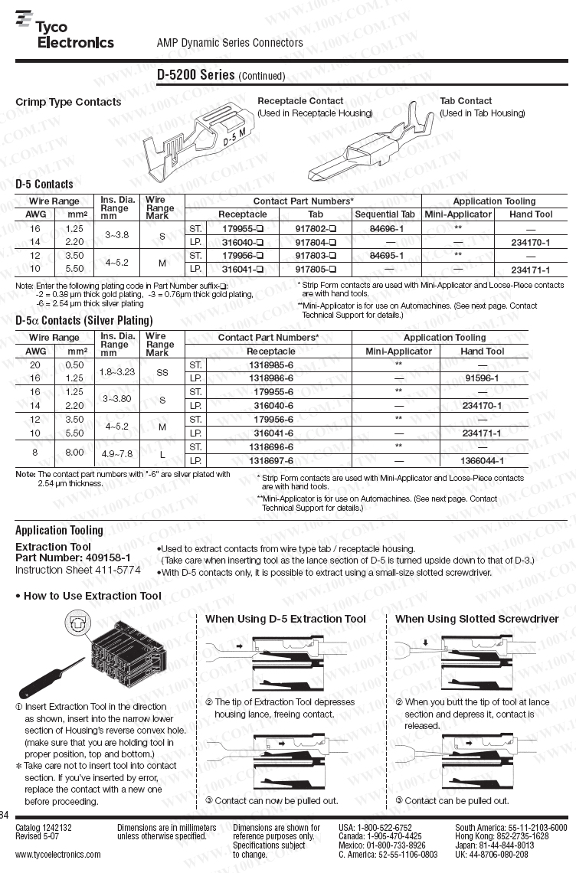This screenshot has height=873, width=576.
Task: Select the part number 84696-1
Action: point(386,228)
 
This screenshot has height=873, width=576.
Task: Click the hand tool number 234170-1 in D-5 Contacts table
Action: point(531,242)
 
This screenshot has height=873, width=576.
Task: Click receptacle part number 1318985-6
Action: point(271,365)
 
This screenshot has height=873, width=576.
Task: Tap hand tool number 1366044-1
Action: point(483,461)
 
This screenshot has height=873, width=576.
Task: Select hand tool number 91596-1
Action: point(483,378)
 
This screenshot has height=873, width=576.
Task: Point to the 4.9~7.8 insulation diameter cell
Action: point(116,453)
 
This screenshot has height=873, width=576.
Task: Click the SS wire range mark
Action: point(162,371)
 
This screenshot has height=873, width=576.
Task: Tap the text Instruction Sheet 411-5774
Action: point(78,570)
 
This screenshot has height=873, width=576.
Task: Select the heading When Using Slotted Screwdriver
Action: point(477,619)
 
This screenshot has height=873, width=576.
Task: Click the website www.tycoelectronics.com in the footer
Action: point(58,854)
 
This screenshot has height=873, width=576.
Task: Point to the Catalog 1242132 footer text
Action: point(44,828)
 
